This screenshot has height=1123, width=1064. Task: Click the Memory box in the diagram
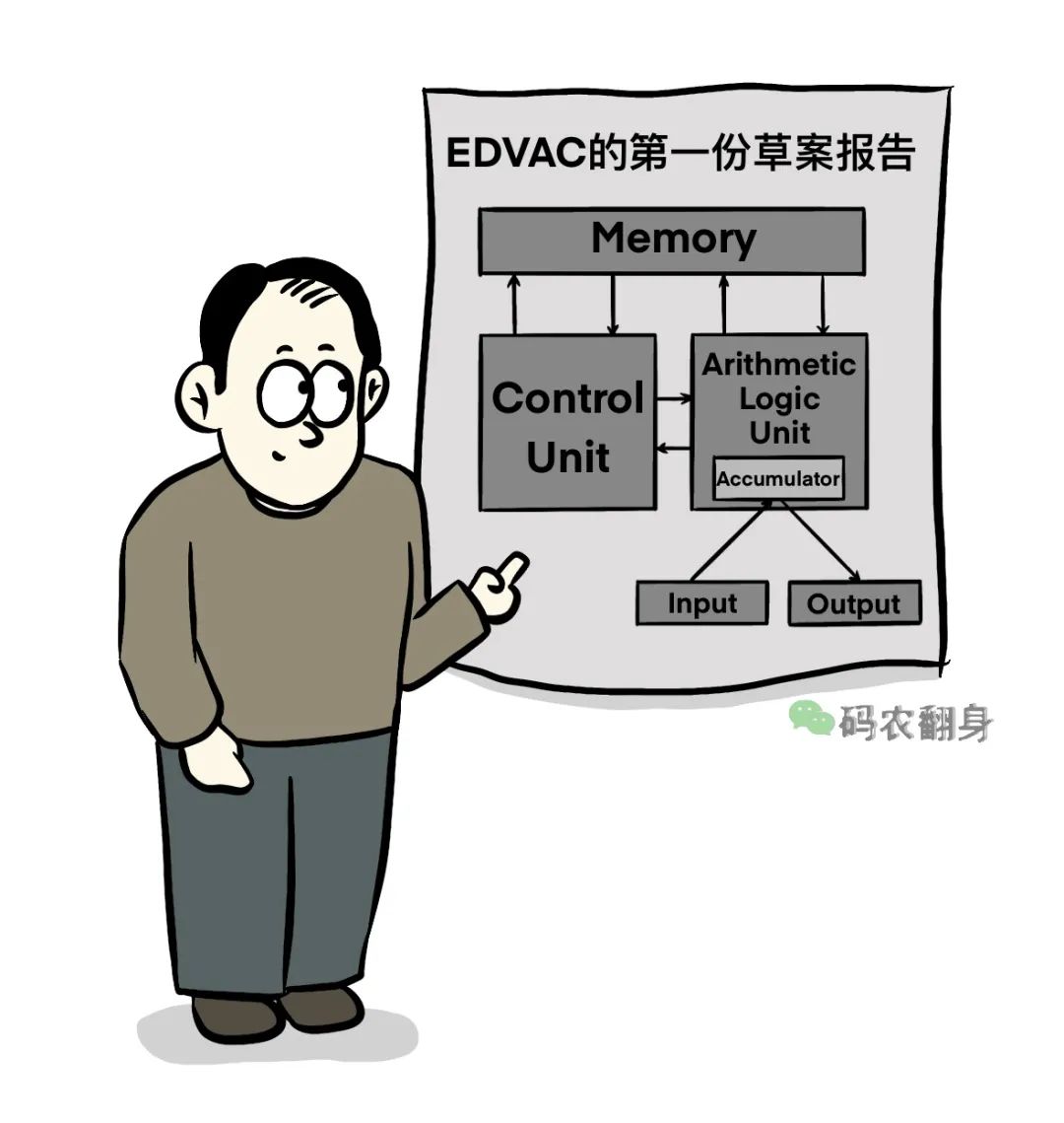tap(672, 240)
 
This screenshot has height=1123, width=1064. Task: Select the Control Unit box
tap(567, 424)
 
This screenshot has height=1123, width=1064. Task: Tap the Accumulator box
tap(778, 479)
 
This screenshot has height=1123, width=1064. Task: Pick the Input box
tap(701, 603)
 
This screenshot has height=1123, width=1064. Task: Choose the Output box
tap(854, 603)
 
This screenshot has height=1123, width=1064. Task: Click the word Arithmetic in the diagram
tap(778, 365)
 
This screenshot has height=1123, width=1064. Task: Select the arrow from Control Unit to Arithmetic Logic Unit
tap(674, 398)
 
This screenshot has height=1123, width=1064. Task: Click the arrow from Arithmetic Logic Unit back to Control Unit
tap(674, 450)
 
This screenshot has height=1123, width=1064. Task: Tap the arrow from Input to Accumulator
tap(729, 541)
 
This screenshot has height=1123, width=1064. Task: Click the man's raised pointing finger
tap(511, 569)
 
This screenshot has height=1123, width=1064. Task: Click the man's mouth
tap(280, 456)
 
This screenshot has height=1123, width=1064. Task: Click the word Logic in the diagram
tap(778, 399)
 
